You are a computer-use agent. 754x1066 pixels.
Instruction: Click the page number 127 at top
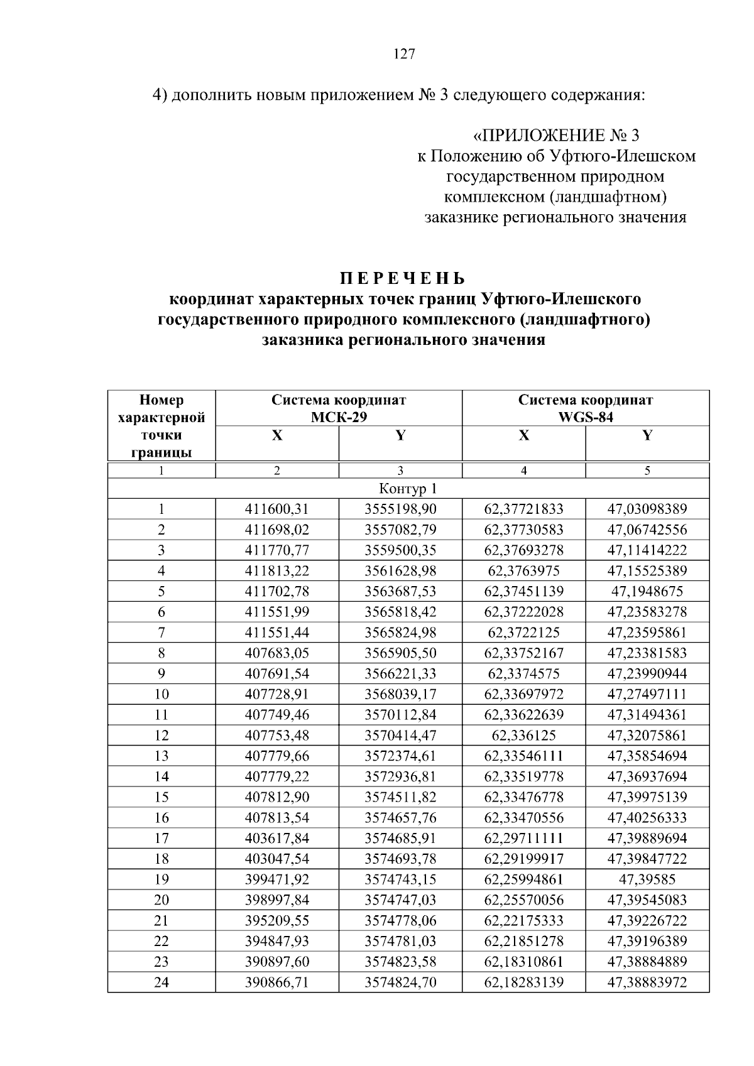point(404,54)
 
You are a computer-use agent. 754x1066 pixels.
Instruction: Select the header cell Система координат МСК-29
point(339,408)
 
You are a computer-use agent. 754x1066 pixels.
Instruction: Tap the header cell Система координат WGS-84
point(586,408)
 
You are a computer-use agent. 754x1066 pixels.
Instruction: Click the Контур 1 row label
point(408,489)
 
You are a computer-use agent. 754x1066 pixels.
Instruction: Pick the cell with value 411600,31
point(277,509)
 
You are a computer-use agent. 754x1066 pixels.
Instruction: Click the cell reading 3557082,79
point(400,530)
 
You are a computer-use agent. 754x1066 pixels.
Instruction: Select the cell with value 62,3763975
point(523,570)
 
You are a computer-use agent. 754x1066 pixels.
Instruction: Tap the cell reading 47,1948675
point(647,591)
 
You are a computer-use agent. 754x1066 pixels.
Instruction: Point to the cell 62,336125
point(523,735)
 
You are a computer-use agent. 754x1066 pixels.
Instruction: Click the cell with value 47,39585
point(647,879)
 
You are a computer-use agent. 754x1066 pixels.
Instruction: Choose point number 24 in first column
point(161,982)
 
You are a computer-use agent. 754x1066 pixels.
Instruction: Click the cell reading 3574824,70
point(400,982)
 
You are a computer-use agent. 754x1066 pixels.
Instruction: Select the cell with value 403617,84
point(277,838)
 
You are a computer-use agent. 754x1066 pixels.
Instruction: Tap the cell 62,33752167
point(523,653)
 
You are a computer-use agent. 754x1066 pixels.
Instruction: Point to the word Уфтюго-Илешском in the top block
point(623,156)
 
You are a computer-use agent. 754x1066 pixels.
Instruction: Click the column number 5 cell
point(647,470)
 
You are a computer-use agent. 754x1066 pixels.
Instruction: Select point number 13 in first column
point(161,756)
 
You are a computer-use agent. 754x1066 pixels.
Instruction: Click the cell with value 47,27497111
point(647,694)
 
